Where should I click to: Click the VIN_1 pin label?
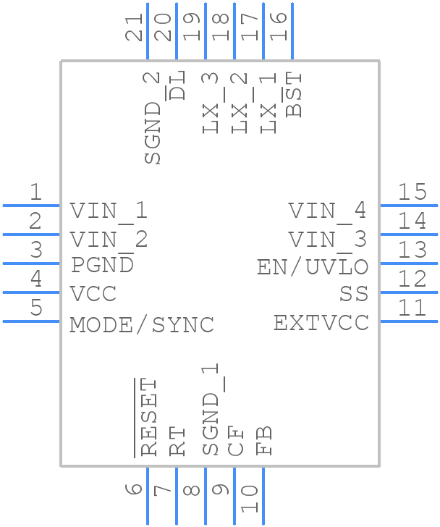(x=109, y=211)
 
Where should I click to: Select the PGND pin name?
(x=102, y=265)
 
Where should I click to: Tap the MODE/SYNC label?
(x=142, y=325)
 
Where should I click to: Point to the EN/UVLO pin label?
(x=312, y=267)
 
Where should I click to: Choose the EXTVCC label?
(x=321, y=323)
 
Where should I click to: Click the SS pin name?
(x=354, y=295)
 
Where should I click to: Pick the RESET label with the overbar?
(x=148, y=417)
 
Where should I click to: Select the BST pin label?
(x=294, y=94)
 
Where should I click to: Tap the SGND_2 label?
(x=152, y=118)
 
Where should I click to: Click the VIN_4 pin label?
(x=327, y=211)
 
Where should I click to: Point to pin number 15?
(x=412, y=192)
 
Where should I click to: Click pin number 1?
(x=35, y=192)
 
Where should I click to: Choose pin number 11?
(x=412, y=308)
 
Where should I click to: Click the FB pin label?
(x=264, y=440)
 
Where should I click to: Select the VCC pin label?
(x=93, y=295)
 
